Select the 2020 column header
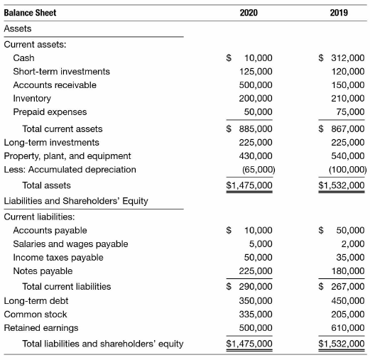click(x=249, y=13)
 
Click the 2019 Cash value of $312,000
click(x=342, y=58)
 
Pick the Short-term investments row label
click(x=62, y=72)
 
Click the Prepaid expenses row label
click(x=50, y=112)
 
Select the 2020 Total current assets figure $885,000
click(x=249, y=129)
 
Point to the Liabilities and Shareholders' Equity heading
click(x=76, y=201)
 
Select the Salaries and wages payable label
click(x=71, y=244)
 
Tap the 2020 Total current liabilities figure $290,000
click(x=249, y=287)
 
